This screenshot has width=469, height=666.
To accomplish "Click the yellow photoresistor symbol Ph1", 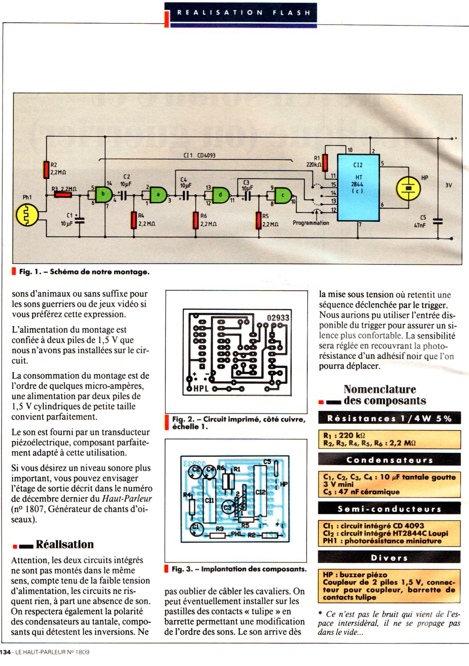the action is pos(27,214).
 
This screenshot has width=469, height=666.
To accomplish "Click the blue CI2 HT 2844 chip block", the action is pos(358,187).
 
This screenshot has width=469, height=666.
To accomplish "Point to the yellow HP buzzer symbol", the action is pos(408,187).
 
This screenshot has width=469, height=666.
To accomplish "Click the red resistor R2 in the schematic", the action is pos(46,169).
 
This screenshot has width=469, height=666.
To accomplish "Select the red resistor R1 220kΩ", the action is pos(325,162).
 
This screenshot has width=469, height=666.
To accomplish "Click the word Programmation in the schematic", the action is pos(311,223).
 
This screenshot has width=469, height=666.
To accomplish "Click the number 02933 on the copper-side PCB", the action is pos(278,318).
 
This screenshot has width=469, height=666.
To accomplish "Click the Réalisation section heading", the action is pos(64,544).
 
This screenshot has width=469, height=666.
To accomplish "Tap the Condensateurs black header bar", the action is pos(389,460).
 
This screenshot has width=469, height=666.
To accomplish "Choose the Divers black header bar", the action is pos(389,558).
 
